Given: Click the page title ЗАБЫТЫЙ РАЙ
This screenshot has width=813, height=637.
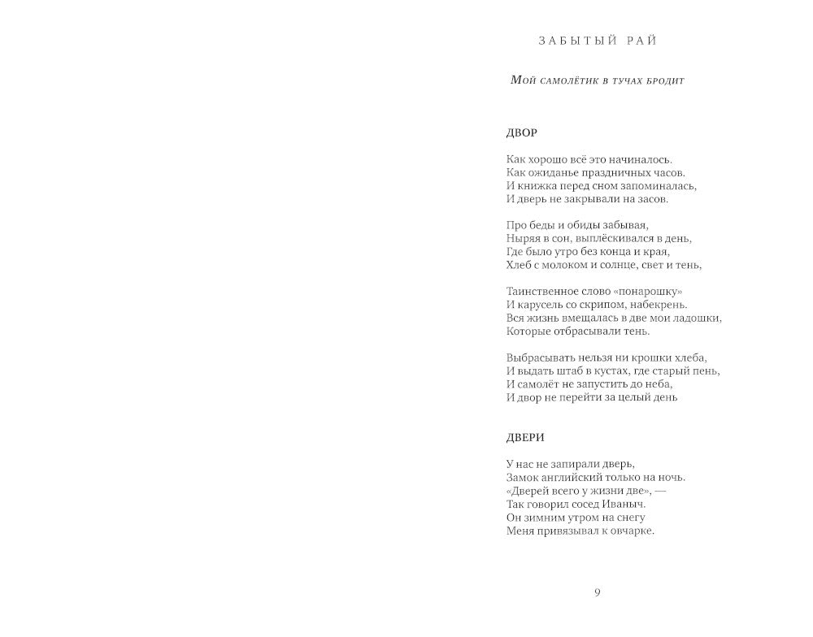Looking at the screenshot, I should coord(597,40).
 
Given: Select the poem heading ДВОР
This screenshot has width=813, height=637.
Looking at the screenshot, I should coord(521,132).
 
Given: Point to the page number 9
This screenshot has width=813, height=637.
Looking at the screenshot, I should coord(598,592).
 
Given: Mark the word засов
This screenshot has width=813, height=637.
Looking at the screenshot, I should coord(650,198).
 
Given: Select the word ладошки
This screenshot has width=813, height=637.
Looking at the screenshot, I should coord(697,317).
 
